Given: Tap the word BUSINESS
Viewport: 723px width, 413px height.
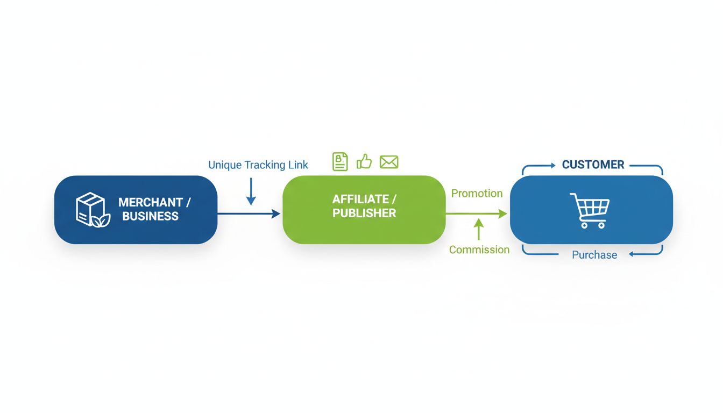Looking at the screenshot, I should tap(150, 216).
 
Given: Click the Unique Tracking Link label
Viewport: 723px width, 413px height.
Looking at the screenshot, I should tap(258, 165).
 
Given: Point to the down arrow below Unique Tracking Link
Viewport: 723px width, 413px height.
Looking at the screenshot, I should tap(251, 192).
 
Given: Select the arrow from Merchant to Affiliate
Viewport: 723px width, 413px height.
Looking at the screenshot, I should tap(249, 214).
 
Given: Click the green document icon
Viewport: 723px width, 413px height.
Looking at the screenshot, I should tap(340, 161).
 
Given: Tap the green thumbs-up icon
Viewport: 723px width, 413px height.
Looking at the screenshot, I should tap(364, 161).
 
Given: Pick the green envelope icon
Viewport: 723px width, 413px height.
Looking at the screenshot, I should tap(388, 162).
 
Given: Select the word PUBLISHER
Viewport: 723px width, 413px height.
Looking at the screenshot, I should tap(364, 213).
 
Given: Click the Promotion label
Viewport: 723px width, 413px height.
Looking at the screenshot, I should tap(477, 194).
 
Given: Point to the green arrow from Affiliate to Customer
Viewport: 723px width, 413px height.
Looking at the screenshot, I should tap(476, 214).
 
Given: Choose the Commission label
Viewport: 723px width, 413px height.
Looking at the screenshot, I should tap(479, 250).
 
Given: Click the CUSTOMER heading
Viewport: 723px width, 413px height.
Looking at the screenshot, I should tap(593, 165).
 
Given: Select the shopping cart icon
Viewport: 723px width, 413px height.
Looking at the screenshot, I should tap(590, 210).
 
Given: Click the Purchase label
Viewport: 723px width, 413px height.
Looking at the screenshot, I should tap(594, 255).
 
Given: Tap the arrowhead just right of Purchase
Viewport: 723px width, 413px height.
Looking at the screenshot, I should tap(633, 254).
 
